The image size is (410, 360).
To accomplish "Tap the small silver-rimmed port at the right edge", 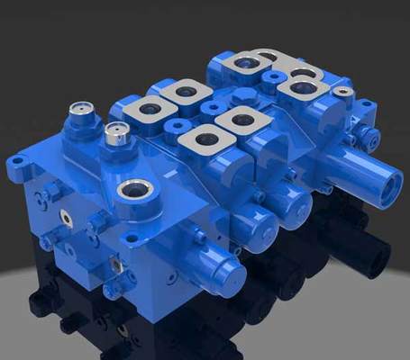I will point(342,91).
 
